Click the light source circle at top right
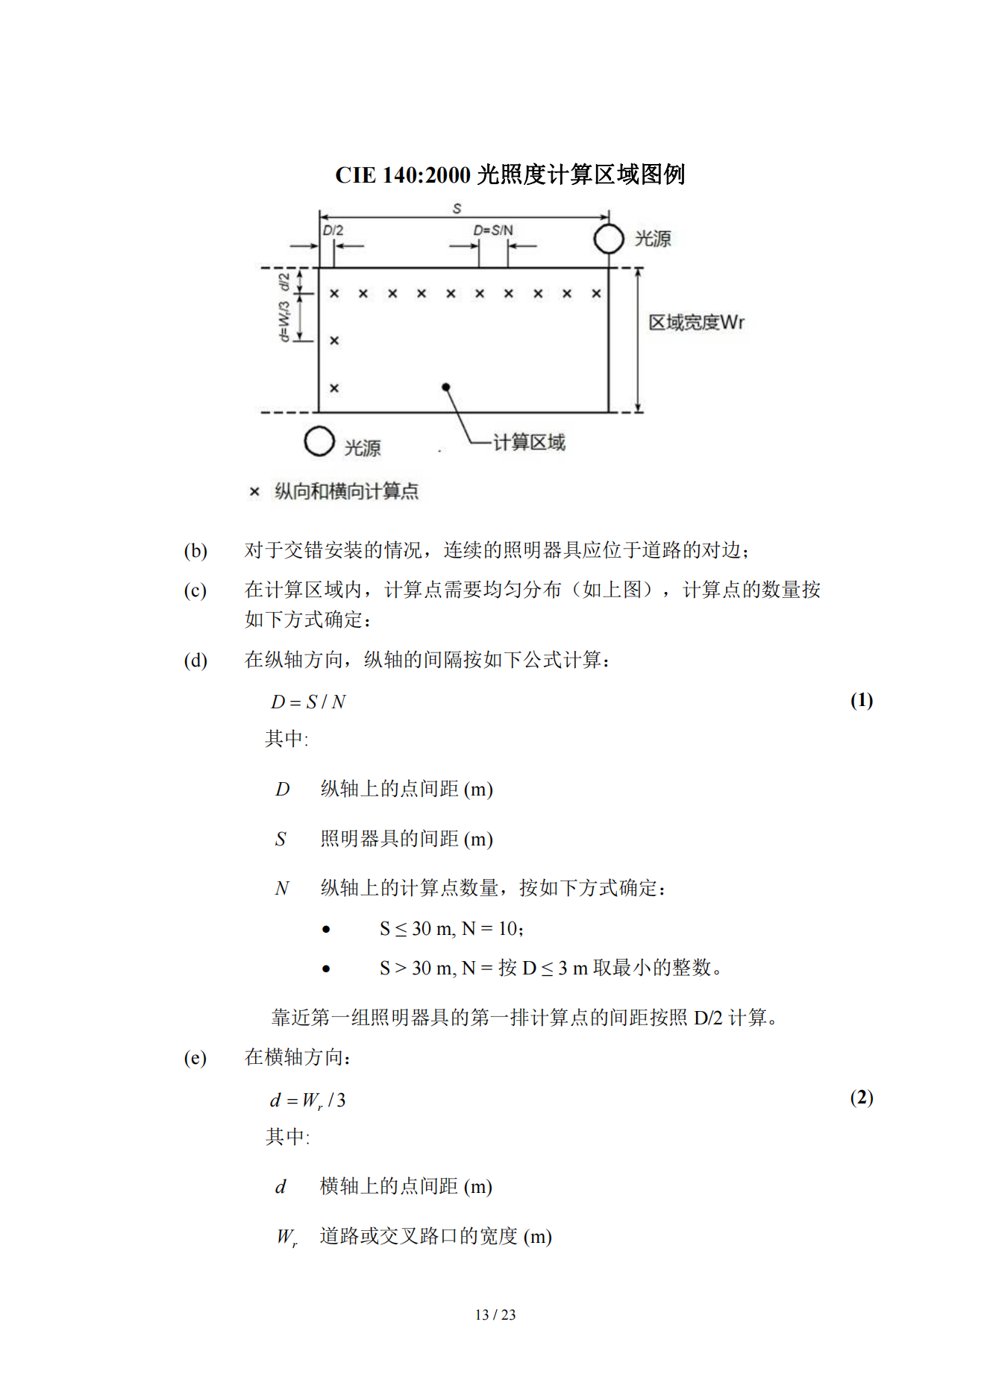click(x=609, y=239)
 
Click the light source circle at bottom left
click(x=319, y=441)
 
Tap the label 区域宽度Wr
click(x=695, y=322)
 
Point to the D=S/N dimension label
click(x=493, y=230)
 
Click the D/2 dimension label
click(x=333, y=230)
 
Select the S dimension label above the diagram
click(x=457, y=208)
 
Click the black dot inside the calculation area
click(x=445, y=387)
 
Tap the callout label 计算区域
click(x=529, y=442)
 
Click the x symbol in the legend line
click(x=254, y=491)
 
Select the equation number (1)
click(x=862, y=700)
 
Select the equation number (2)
click(x=862, y=1098)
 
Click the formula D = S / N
click(x=308, y=702)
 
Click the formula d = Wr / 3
click(x=307, y=1100)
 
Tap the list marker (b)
click(x=195, y=551)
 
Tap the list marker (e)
click(x=195, y=1058)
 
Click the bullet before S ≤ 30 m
click(x=326, y=929)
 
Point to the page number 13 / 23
click(x=495, y=1314)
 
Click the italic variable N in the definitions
click(x=282, y=889)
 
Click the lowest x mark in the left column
click(x=334, y=388)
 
